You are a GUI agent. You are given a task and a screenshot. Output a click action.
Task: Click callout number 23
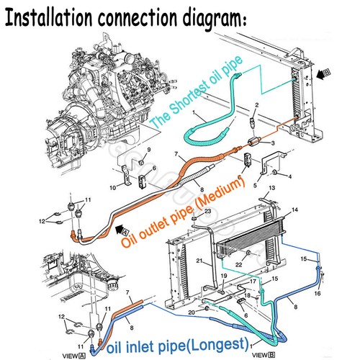tap(207, 211)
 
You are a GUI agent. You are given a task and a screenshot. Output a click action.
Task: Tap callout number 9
tap(148, 149)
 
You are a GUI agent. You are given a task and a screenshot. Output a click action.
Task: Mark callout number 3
tap(272, 143)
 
